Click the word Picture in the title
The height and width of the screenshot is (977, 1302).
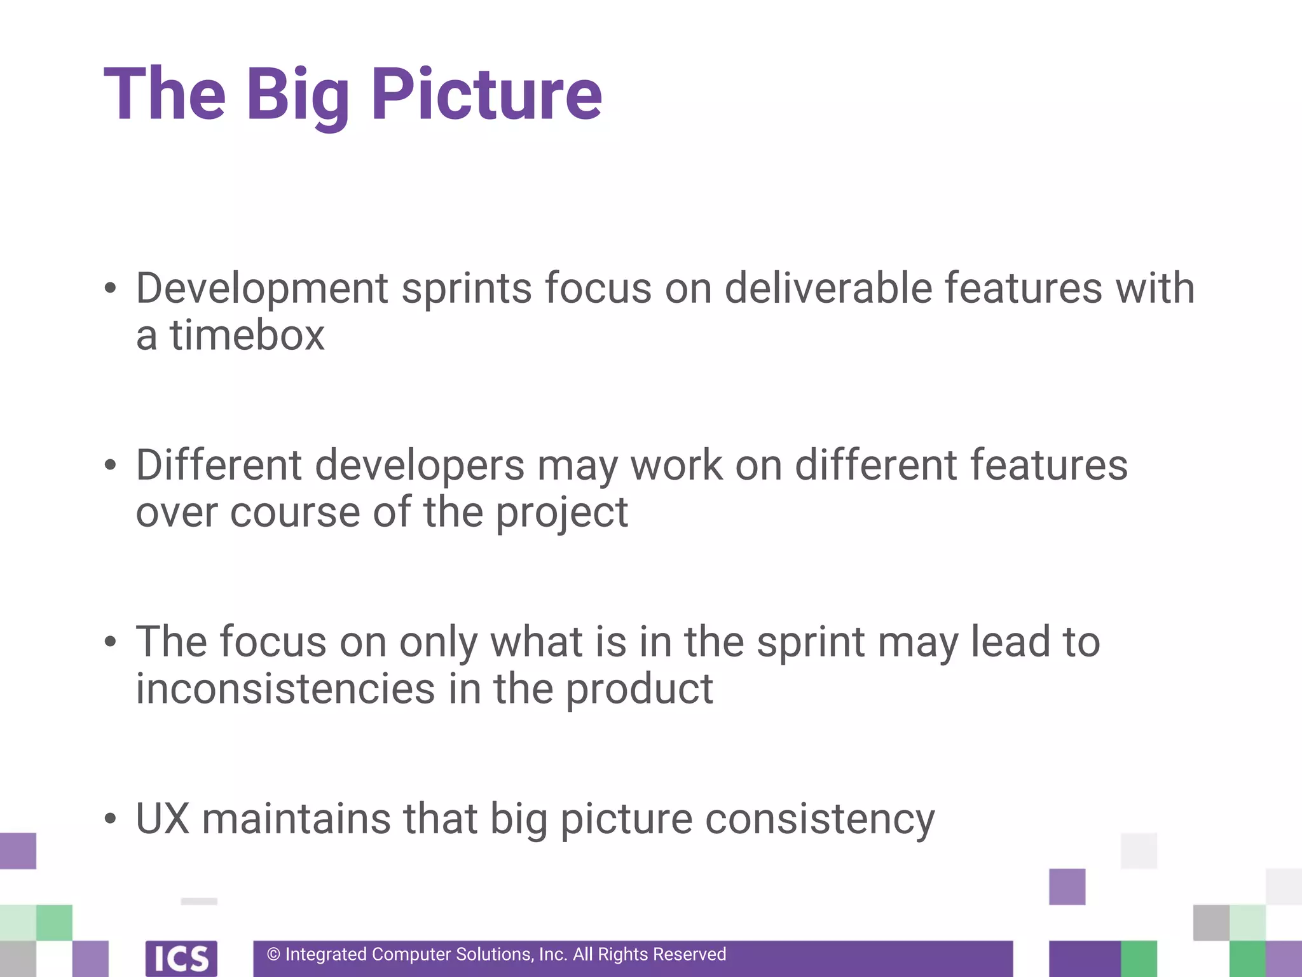pos(486,94)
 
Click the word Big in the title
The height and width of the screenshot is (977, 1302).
pos(298,95)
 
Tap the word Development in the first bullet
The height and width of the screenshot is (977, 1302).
pos(262,289)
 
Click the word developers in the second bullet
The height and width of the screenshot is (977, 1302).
pos(420,466)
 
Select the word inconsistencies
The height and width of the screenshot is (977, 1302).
pos(285,689)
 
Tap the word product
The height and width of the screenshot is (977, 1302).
pos(640,690)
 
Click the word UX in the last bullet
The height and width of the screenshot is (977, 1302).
pos(163,819)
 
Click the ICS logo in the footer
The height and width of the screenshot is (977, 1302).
pos(181,958)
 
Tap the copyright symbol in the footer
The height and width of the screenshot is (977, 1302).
pos(273,954)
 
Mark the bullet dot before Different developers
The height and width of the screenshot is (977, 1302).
pos(111,465)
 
